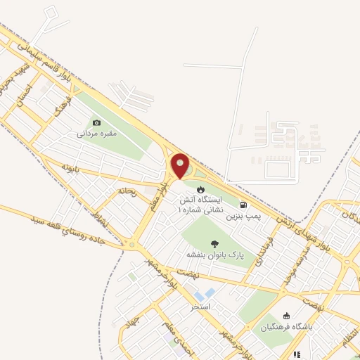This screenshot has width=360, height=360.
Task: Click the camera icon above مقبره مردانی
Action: tap(97, 122)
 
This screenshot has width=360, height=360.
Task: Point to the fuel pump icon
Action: tap(243, 205)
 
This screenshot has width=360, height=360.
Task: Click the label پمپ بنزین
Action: tap(243, 217)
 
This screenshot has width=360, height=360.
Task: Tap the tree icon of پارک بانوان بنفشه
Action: tap(214, 243)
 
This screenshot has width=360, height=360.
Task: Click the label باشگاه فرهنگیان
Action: tap(285, 327)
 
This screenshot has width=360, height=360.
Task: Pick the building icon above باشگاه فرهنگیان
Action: tap(285, 316)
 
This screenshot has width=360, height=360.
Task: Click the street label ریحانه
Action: tap(127, 191)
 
